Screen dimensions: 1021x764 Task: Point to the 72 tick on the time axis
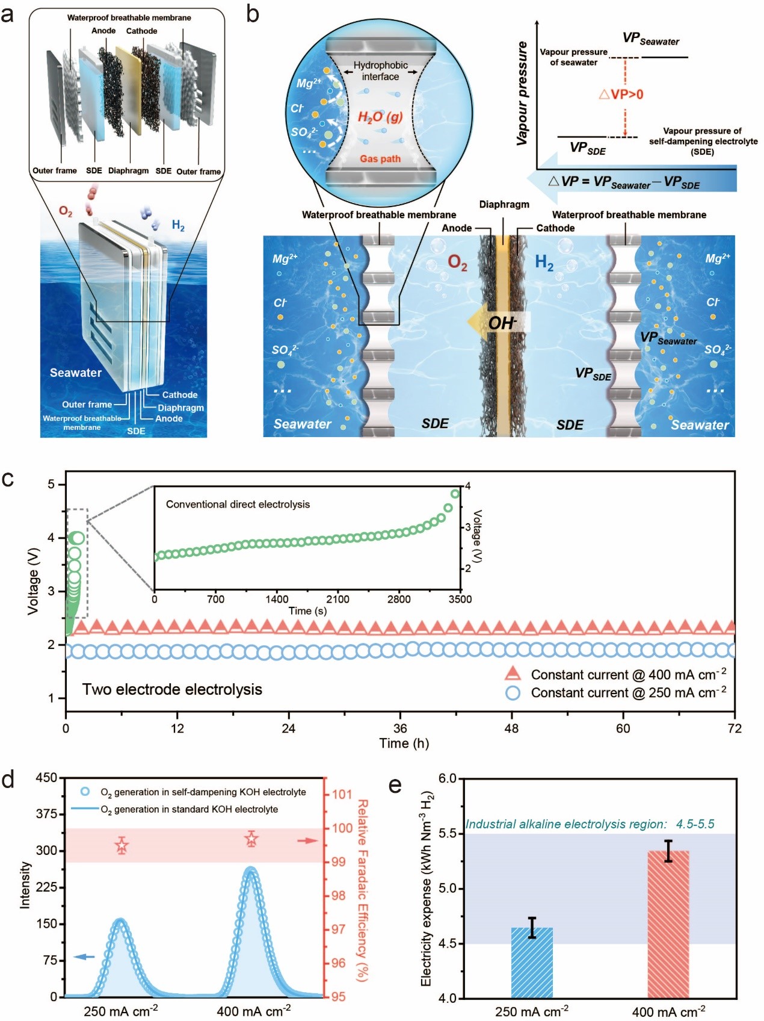(735, 728)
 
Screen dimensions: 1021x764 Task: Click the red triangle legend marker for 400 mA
(513, 674)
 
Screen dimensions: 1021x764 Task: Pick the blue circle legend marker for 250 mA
(513, 693)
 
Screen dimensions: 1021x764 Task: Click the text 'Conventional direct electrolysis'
(238, 504)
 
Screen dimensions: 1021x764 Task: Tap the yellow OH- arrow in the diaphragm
(498, 323)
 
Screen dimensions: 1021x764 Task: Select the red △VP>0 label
(621, 95)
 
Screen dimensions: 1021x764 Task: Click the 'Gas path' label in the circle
(380, 159)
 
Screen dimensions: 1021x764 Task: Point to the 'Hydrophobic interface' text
(380, 71)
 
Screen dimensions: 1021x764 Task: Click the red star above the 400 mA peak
(251, 839)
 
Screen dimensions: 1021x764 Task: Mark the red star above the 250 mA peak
(122, 846)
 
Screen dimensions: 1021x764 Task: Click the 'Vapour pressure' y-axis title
(522, 93)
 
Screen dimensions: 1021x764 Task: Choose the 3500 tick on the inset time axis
(460, 599)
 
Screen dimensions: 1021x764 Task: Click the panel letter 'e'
(395, 786)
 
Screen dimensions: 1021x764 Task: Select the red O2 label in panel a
(66, 212)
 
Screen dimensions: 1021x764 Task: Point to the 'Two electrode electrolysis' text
(172, 689)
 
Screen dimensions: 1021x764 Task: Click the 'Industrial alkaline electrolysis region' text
(590, 824)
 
